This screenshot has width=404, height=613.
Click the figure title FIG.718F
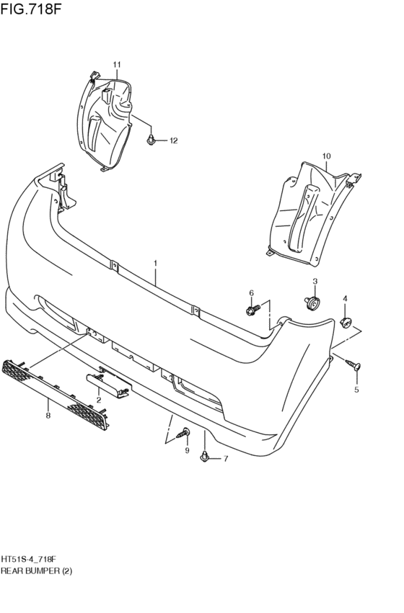pyautogui.click(x=31, y=9)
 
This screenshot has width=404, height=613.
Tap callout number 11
pyautogui.click(x=117, y=66)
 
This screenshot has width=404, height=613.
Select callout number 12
pyautogui.click(x=172, y=141)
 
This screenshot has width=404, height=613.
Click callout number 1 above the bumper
pyautogui.click(x=155, y=264)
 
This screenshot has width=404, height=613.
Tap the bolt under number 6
pyautogui.click(x=252, y=310)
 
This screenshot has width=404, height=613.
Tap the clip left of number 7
pyautogui.click(x=206, y=457)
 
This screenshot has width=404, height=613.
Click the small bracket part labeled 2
pyautogui.click(x=107, y=382)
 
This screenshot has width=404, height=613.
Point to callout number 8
pyautogui.click(x=48, y=416)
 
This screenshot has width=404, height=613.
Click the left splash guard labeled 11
pyautogui.click(x=108, y=122)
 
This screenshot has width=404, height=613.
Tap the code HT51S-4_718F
pyautogui.click(x=29, y=558)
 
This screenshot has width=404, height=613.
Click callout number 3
pyautogui.click(x=315, y=281)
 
